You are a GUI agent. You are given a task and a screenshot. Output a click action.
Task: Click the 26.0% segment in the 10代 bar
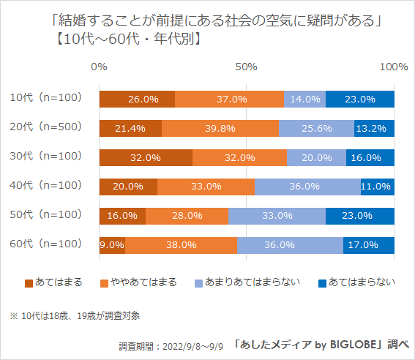click(137, 99)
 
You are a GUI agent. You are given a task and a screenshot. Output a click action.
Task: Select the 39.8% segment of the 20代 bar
click(220, 128)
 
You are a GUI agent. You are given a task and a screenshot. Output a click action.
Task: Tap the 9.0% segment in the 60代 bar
click(112, 245)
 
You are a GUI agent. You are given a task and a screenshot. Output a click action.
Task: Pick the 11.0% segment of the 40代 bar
click(377, 187)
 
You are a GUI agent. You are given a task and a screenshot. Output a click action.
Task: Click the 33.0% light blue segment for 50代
click(277, 216)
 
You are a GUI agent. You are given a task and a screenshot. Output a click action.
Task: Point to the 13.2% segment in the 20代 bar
click(374, 128)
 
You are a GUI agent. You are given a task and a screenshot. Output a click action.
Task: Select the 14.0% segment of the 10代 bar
click(304, 99)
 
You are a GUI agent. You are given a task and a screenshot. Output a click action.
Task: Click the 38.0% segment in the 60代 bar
click(181, 245)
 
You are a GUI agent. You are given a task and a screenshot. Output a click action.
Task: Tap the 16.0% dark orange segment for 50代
click(122, 216)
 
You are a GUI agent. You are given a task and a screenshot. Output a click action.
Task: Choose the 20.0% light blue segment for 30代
click(316, 157)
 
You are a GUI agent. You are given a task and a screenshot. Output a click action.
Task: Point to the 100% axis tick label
click(394, 67)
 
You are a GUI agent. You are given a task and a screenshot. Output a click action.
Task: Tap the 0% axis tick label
click(99, 67)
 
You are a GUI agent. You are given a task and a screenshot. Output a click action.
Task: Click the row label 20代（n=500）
click(46, 127)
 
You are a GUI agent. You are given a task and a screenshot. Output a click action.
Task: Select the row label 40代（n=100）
click(46, 185)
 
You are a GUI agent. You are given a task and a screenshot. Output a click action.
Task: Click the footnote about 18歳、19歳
click(75, 315)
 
